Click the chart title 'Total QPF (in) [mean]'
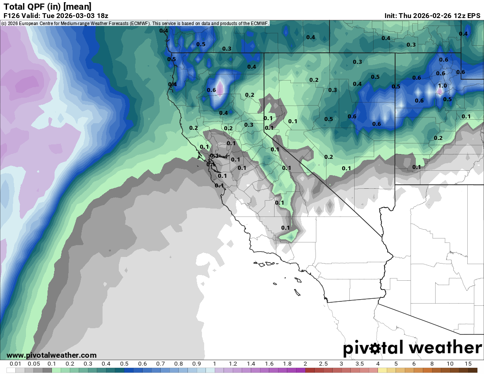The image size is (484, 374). click(x=48, y=6)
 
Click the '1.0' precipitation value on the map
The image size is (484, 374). click(x=442, y=86)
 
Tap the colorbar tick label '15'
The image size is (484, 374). click(x=468, y=364)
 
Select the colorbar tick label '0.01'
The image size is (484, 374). click(x=15, y=364)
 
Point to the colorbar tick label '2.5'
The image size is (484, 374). click(x=323, y=364)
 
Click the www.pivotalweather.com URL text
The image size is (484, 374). click(x=51, y=355)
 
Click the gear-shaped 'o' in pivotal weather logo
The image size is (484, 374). click(x=375, y=348)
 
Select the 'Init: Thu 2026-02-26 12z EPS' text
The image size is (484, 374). click(x=432, y=15)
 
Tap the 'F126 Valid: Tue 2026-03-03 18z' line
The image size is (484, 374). click(x=56, y=15)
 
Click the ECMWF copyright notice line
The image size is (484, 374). click(x=136, y=23)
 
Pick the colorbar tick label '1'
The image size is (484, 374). click(x=215, y=364)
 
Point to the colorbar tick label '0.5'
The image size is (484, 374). click(x=124, y=364)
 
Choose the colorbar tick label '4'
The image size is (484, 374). click(x=378, y=364)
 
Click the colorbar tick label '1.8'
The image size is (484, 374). click(x=287, y=364)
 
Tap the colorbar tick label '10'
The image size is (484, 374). click(x=450, y=364)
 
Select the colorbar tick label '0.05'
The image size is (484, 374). click(x=33, y=364)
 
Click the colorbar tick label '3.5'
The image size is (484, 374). click(x=359, y=364)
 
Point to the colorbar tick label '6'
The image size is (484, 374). click(x=414, y=364)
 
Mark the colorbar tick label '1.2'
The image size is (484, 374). click(x=233, y=364)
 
